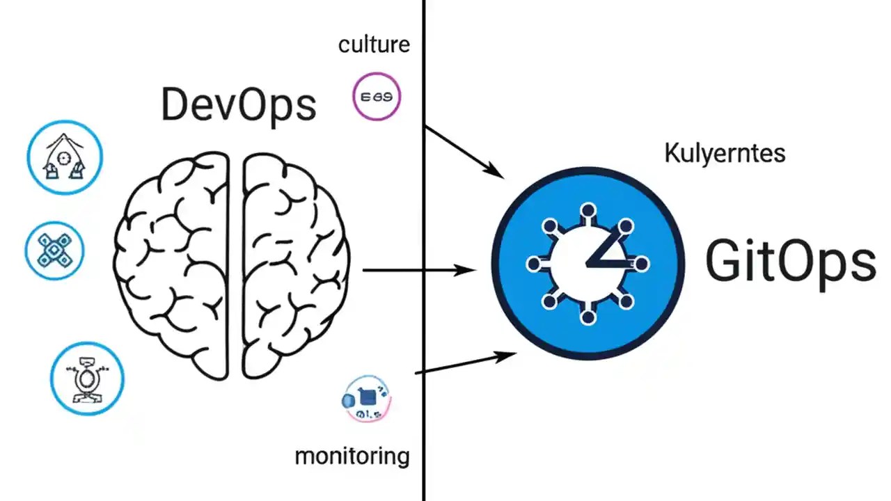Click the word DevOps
coord(239,105)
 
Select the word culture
coord(374,45)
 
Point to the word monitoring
coord(352,456)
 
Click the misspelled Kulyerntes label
coord(725,152)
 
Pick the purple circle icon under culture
coord(377,97)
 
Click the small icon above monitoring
coord(367,399)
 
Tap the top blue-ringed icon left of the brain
coord(65,157)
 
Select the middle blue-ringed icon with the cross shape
coord(54,250)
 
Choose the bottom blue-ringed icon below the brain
coord(87,379)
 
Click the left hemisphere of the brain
coord(174,264)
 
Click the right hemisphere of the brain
coord(292,264)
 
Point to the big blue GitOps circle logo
coord(588,264)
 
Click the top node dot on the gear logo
coord(588,209)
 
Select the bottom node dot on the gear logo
coord(588,318)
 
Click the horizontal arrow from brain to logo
coord(418,270)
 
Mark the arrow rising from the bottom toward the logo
coord(465,364)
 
